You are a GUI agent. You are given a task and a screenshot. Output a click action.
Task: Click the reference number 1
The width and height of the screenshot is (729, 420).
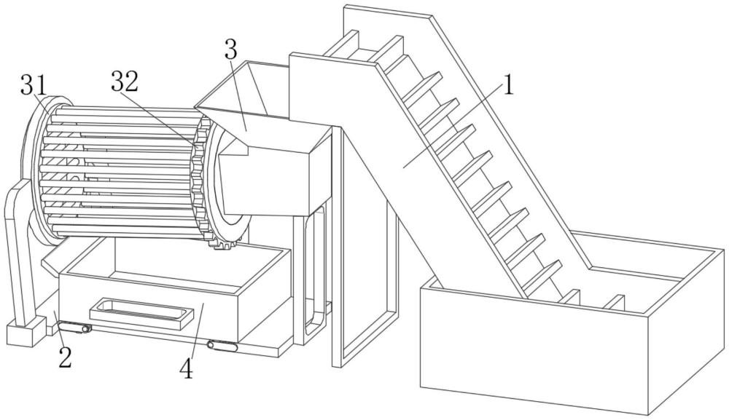click(509, 85)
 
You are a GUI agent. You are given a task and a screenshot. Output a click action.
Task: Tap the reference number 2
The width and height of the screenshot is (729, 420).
click(65, 357)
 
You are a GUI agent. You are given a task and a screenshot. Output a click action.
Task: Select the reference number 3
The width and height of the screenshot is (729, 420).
click(230, 49)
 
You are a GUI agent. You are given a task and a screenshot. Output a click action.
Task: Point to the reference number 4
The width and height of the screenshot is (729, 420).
click(187, 369)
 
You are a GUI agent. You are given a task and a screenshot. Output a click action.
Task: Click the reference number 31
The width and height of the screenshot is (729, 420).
click(34, 85)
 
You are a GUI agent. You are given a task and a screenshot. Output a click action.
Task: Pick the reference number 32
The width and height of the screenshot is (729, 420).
click(125, 82)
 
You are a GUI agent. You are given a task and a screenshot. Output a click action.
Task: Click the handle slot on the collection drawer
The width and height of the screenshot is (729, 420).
click(141, 312)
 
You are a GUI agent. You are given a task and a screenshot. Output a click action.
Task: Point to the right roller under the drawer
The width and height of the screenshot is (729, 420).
click(222, 346)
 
